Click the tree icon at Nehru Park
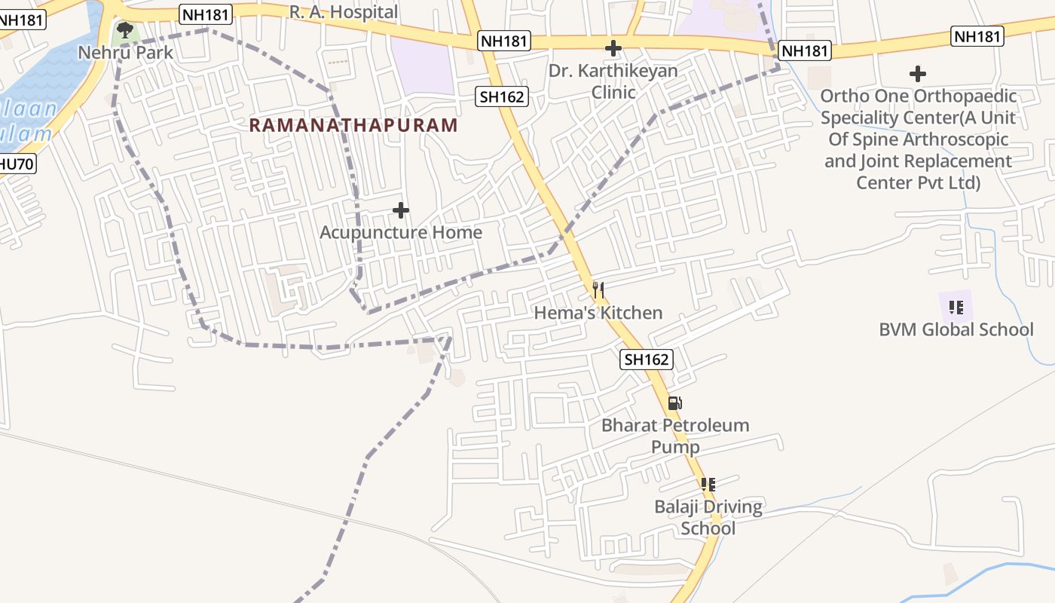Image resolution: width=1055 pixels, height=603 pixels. point(125,31)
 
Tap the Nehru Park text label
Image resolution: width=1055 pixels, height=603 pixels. point(126,53)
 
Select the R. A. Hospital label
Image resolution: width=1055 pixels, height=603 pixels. point(344,11)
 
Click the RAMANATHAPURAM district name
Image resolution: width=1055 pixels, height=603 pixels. point(353,125)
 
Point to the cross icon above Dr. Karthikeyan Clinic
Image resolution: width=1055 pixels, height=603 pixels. point(613,49)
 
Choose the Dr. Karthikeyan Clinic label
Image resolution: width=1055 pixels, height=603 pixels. point(613,81)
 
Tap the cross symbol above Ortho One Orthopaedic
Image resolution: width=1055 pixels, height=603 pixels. point(917,74)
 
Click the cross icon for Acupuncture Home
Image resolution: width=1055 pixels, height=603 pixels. point(401,210)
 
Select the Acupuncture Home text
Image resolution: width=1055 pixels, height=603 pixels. point(401,232)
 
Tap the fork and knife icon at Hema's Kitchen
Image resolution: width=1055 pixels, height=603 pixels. point(598,289)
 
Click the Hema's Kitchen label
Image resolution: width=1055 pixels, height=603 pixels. point(598,313)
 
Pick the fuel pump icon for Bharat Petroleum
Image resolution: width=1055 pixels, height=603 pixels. point(675,403)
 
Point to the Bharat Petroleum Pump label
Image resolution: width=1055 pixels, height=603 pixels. point(675,436)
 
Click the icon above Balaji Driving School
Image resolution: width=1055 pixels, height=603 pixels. point(708,484)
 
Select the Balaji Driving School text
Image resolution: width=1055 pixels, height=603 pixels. point(708,517)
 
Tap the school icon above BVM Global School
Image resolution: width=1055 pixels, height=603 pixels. point(956,307)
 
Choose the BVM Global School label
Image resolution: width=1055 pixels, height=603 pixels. point(956,329)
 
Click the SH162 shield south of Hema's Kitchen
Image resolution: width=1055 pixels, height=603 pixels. point(647,360)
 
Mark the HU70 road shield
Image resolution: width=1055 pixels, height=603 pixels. point(17,163)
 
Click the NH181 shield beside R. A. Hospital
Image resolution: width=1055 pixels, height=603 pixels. point(206,13)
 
